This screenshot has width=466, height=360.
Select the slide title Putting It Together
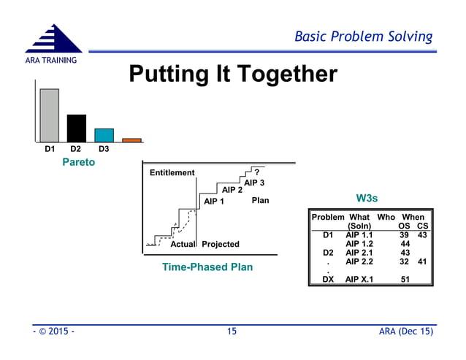(x=232, y=74)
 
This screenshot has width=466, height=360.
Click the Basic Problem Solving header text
(x=363, y=37)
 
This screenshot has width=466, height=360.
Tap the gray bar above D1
(x=49, y=115)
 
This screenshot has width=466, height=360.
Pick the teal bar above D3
(x=104, y=134)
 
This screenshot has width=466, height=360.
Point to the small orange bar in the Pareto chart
(x=131, y=139)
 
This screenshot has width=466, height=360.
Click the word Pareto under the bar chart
(x=77, y=162)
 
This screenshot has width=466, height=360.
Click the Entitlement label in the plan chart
(x=172, y=173)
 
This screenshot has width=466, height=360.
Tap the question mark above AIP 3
(x=256, y=173)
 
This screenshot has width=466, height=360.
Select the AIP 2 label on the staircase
(x=232, y=190)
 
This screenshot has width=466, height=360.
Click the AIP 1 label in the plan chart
(x=215, y=201)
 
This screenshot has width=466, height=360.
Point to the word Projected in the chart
(x=220, y=244)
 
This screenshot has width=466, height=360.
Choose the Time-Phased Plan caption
(x=207, y=267)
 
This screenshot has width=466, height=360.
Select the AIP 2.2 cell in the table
(x=359, y=261)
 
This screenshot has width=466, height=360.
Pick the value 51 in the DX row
(x=405, y=279)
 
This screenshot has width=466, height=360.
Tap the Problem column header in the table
(x=328, y=218)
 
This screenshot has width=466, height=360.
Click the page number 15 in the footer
(x=232, y=332)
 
